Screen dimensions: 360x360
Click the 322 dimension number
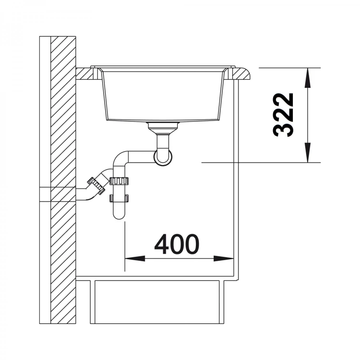283,115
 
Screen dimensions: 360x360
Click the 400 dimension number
177,244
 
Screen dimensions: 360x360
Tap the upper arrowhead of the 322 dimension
308,78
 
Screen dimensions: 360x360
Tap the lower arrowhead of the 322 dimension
308,153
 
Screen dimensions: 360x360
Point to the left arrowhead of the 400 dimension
135,259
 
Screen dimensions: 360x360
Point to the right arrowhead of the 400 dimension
224,259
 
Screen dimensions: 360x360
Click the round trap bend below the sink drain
163,158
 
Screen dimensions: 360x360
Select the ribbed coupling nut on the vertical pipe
119,181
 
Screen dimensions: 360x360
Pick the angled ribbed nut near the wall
96,186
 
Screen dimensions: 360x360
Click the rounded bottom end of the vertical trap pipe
119,215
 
